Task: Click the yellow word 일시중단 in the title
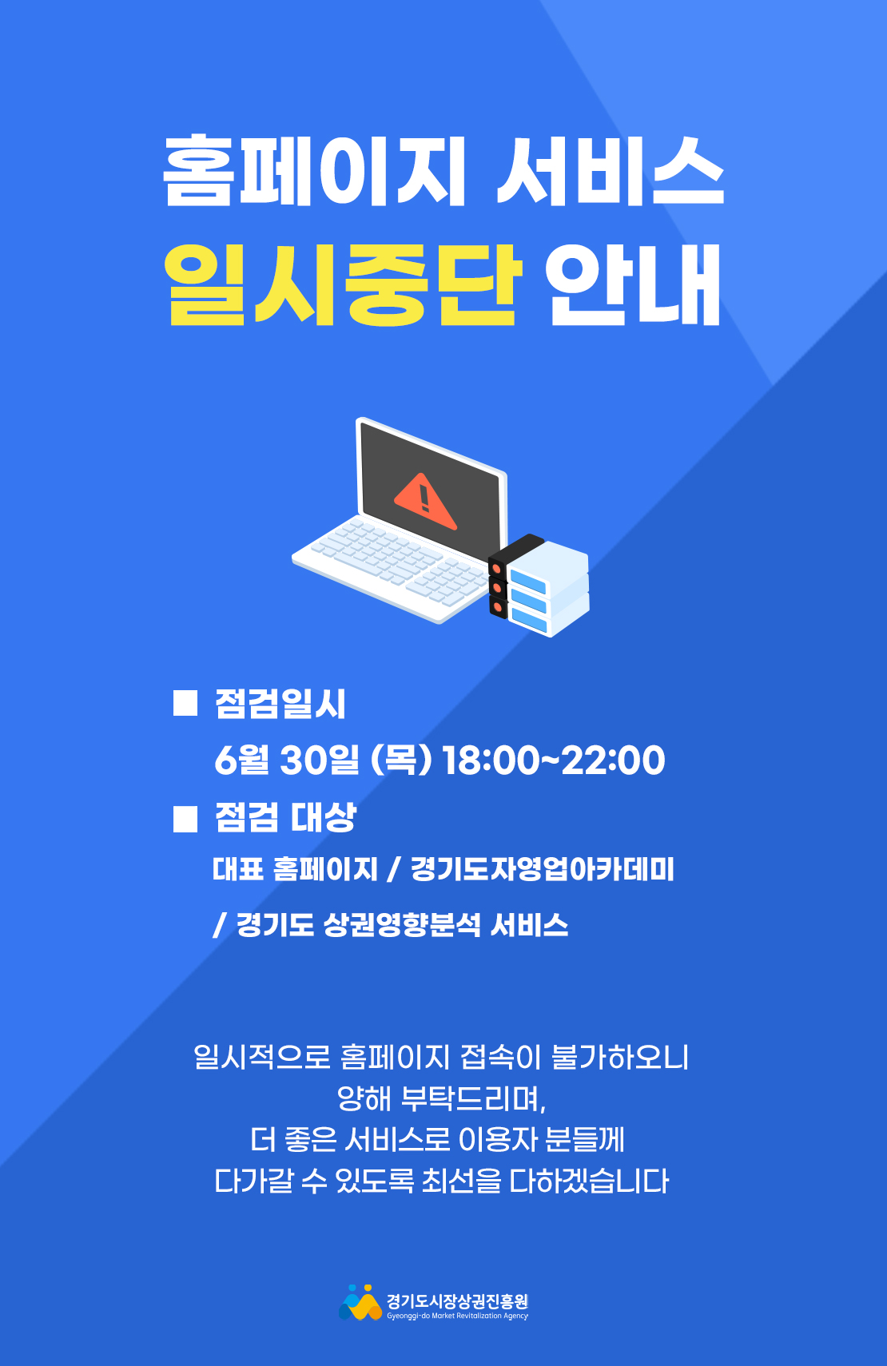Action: [343, 284]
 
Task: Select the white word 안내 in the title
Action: [633, 285]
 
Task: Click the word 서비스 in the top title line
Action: [610, 170]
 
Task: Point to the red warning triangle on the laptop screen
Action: [425, 502]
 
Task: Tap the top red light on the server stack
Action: [496, 570]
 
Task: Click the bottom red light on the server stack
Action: [496, 607]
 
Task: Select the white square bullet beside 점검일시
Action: [185, 703]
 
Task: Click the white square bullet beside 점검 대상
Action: [185, 819]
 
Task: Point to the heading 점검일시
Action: [280, 704]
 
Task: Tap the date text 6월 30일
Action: [287, 760]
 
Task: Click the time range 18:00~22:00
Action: [554, 760]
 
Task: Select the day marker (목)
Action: [401, 760]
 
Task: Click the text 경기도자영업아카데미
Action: [543, 869]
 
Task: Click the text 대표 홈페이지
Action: [295, 869]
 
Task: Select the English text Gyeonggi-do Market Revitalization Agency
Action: [458, 1316]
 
